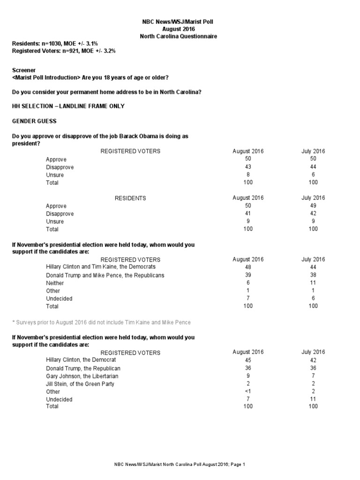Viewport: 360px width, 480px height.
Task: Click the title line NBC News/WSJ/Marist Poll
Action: click(180, 22)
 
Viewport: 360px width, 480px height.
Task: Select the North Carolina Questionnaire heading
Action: click(180, 36)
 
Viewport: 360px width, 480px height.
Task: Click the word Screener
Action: click(23, 69)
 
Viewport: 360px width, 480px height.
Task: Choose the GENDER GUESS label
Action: click(34, 121)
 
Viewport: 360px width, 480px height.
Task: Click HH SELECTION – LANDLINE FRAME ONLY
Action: click(68, 106)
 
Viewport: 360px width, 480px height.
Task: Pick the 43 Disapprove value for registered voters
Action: click(248, 167)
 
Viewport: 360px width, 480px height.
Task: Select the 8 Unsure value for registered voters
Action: click(248, 175)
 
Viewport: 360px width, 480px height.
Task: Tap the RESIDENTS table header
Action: click(130, 198)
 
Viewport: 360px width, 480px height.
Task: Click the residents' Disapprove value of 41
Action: click(248, 213)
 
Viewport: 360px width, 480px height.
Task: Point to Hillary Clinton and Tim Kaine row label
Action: click(101, 266)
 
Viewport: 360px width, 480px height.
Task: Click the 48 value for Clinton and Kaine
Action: click(248, 267)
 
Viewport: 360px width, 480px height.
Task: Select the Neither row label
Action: click(55, 283)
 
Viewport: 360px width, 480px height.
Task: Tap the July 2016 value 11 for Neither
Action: click(313, 283)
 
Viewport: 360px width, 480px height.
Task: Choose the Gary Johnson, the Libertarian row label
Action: click(82, 376)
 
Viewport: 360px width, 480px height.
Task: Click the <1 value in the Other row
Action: click(248, 391)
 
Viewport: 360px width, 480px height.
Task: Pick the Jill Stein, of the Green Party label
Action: click(80, 384)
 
